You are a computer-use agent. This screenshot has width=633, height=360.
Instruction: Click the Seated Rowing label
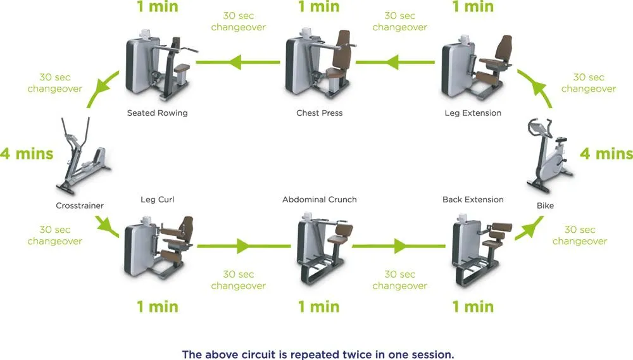[x=158, y=113]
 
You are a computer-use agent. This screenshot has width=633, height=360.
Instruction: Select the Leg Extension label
[x=473, y=113]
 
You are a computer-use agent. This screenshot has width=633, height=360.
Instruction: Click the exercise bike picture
[x=549, y=155]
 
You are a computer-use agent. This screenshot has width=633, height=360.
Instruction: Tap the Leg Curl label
[x=158, y=199]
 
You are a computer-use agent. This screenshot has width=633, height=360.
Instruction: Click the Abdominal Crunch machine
[x=323, y=248]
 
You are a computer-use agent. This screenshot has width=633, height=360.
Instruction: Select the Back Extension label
[x=473, y=199]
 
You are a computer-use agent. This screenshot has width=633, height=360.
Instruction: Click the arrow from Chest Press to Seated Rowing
[x=238, y=62]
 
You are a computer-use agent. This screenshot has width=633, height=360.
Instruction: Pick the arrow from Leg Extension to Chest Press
[x=395, y=62]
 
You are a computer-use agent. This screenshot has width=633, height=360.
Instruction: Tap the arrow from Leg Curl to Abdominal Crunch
[x=244, y=245]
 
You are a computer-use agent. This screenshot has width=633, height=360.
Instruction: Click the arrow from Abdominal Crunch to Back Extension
[x=399, y=245]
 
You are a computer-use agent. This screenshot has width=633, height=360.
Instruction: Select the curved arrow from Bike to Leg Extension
[x=537, y=86]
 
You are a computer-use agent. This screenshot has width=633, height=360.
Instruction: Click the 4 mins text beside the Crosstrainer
[x=27, y=154]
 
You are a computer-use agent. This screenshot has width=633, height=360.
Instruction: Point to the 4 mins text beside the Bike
[x=606, y=154]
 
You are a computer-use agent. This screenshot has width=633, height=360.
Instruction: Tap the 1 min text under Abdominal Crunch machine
[x=318, y=307]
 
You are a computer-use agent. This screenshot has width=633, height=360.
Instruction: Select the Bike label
[x=545, y=206]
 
